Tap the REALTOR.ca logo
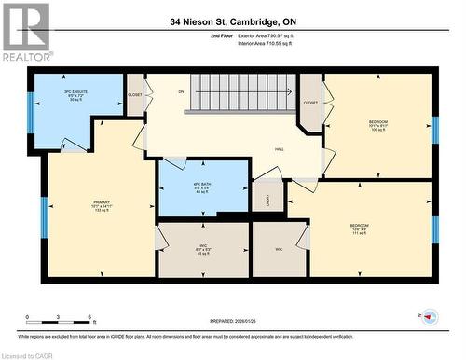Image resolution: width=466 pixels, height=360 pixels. pos(25,32)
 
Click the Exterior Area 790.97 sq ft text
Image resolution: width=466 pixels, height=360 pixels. pos(279,35)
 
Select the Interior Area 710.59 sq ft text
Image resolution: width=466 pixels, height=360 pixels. pos(277,43)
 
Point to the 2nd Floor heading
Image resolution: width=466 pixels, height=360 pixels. pos(223,35)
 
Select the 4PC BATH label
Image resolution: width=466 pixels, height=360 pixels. pos(204,189)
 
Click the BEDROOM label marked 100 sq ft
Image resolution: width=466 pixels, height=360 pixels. pos(377,125)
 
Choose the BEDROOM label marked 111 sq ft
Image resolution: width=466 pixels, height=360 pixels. pos(359,228)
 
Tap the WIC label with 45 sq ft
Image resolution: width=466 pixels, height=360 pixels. pos(203,249)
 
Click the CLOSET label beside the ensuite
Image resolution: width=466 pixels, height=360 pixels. pos(135,94)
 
